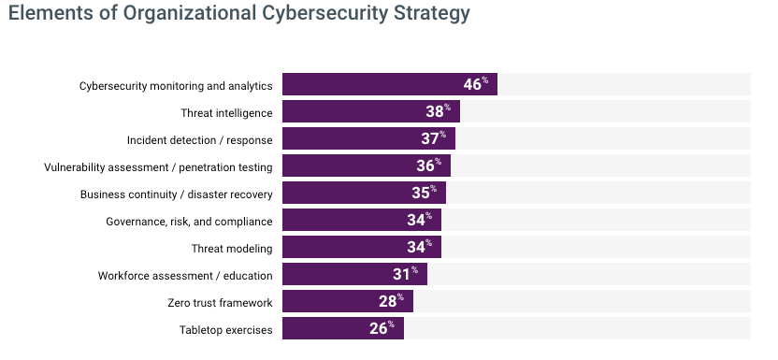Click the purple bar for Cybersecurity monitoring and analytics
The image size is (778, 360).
click(390, 84)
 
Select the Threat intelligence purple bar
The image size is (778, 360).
click(371, 111)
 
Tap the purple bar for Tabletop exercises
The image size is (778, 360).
click(343, 328)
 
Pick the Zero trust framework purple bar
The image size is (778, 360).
click(348, 301)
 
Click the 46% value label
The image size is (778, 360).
click(476, 84)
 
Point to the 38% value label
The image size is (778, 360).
click(439, 111)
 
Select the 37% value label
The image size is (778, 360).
click(434, 138)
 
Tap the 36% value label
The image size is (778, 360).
click(428, 166)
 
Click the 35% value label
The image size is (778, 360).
click(425, 193)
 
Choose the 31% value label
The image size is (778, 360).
click(406, 274)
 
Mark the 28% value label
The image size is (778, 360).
click(391, 301)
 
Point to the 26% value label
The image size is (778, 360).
click(382, 328)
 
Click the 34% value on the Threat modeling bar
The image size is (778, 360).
click(419, 247)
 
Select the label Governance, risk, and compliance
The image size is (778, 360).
click(189, 222)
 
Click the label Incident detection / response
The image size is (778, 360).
click(199, 140)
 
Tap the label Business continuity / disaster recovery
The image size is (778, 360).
click(176, 194)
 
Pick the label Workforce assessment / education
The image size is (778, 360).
click(185, 276)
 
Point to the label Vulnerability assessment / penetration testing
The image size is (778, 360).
click(158, 167)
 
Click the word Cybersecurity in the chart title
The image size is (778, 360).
click(324, 13)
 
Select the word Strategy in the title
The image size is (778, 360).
click(432, 13)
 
